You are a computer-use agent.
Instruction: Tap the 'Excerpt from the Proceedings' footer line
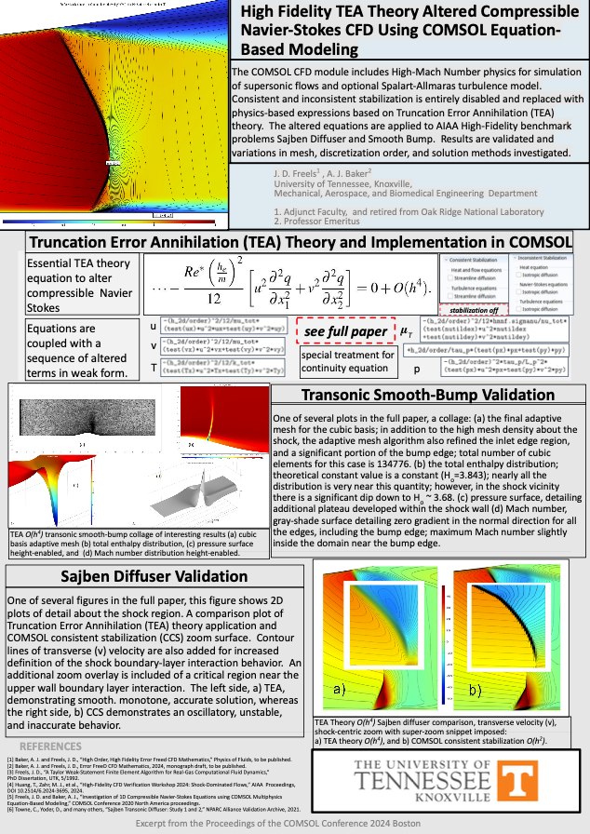tap(294, 823)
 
